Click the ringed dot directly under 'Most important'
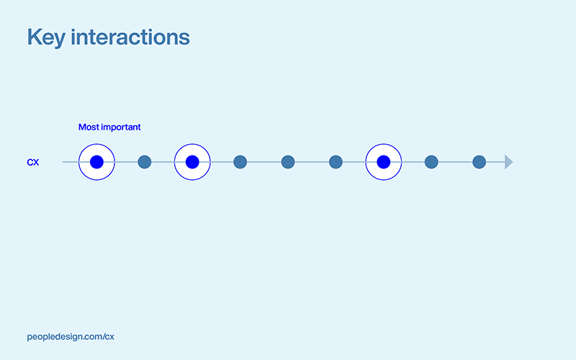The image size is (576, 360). point(96,162)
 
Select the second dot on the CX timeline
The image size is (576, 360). point(144,162)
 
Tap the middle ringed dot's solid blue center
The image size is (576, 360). point(192,162)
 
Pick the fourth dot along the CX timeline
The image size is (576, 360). point(240,162)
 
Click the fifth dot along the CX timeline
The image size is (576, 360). point(288,162)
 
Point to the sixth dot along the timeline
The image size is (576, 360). point(336,162)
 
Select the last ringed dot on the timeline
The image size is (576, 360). point(384,162)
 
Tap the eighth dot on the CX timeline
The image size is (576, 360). point(431,162)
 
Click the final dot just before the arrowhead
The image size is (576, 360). point(479,162)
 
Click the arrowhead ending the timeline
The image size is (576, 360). point(508,162)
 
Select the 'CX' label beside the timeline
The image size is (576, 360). point(33,163)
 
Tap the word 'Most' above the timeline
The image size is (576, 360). point(89,127)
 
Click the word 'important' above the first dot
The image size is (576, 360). point(121,127)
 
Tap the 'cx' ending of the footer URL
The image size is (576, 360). point(109,336)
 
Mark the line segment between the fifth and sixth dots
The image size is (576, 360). point(312,162)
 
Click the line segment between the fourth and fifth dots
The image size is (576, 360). point(264,162)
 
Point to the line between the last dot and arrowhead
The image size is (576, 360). point(495,162)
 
